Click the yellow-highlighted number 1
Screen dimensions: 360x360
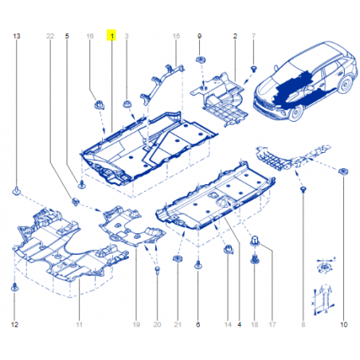(112, 35)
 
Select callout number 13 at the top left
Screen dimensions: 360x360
(17, 36)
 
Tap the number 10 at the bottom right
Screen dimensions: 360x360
(343, 324)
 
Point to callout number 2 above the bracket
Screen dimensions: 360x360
(235, 36)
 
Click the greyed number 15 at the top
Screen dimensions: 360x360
(176, 36)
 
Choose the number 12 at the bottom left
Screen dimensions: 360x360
(14, 324)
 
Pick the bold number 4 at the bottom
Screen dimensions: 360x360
(239, 324)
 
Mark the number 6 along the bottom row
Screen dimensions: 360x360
(198, 324)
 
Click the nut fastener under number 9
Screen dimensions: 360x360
(202, 60)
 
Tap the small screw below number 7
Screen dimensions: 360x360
(254, 69)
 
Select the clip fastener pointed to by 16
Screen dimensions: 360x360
(100, 104)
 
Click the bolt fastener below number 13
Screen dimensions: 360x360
(17, 190)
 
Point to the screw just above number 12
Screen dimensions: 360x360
(14, 287)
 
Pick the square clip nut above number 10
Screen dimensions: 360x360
(343, 171)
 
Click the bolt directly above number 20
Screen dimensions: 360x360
(157, 270)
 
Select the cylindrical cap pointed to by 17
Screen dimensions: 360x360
(254, 241)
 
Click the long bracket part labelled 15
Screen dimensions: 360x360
(162, 83)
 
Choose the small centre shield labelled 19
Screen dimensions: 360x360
(131, 226)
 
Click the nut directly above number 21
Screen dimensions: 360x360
(177, 258)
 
